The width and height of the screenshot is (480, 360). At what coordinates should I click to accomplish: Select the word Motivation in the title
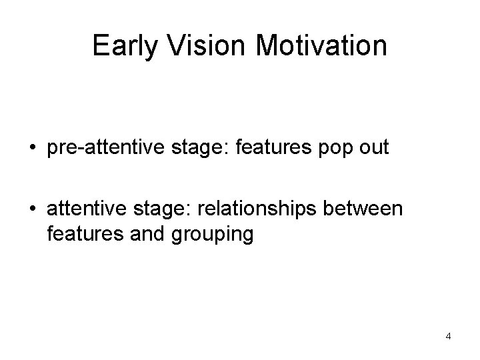point(321,46)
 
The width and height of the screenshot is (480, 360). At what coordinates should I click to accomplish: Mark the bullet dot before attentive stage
point(39,210)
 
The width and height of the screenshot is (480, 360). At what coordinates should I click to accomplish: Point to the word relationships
point(259,209)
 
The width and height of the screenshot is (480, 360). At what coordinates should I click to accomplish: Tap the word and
point(139,234)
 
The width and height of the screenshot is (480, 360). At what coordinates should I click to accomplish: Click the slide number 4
point(449,337)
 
